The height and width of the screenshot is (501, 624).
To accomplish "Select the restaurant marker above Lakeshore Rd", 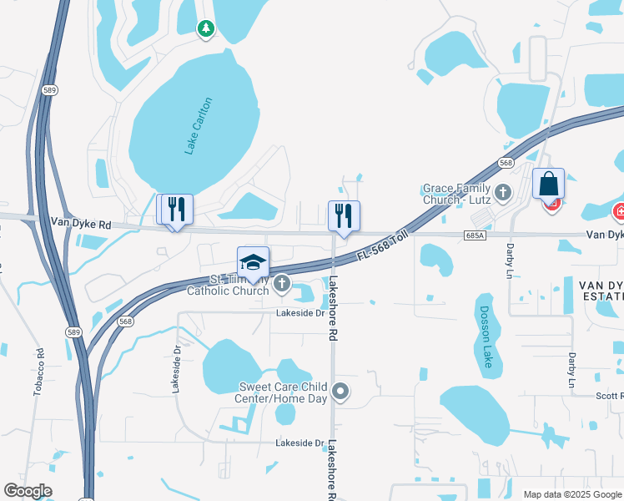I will (x=344, y=216).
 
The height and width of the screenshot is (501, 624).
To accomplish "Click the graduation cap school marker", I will (x=254, y=263).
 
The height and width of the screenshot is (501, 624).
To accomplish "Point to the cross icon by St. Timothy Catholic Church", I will (x=282, y=285).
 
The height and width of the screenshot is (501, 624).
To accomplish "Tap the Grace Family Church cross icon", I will (x=502, y=194).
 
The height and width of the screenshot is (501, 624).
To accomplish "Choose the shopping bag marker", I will (x=549, y=184).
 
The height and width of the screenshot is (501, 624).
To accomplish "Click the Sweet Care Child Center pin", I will (x=340, y=391).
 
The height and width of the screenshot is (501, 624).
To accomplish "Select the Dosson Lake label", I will (x=486, y=337).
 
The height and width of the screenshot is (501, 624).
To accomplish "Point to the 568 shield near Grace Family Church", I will (x=506, y=164).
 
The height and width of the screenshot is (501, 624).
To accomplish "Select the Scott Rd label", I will (x=610, y=396).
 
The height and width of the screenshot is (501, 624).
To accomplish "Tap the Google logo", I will (x=28, y=491).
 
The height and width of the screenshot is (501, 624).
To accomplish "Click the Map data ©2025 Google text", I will (x=572, y=494).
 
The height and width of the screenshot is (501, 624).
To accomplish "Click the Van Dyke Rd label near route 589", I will (x=81, y=224).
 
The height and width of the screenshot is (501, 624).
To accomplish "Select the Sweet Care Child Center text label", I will (x=283, y=392).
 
